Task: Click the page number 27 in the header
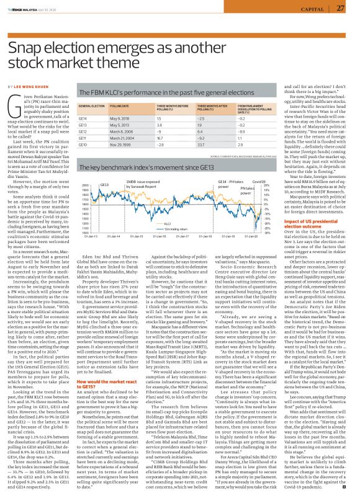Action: [x=340, y=8]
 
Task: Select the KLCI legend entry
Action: [x=167, y=224]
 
